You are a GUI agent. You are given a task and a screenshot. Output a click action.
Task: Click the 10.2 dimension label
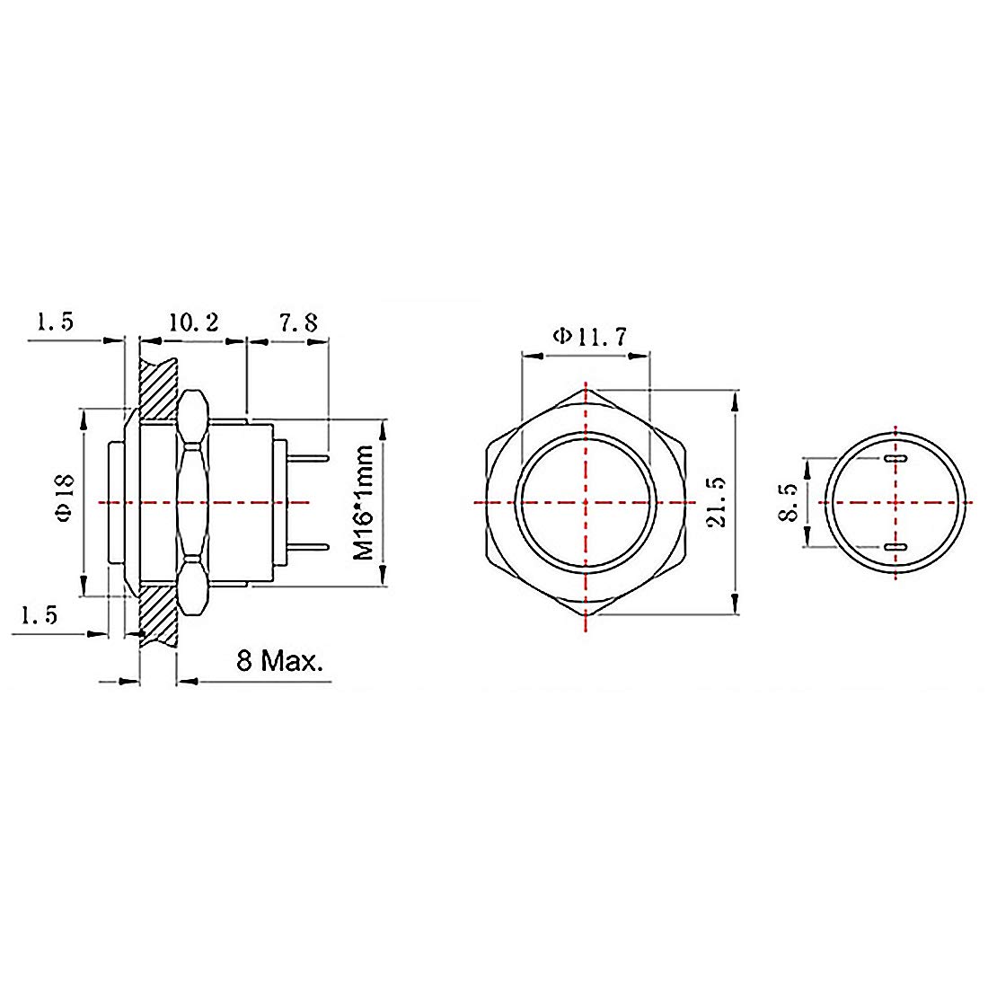(193, 322)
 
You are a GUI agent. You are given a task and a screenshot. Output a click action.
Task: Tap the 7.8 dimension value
(297, 322)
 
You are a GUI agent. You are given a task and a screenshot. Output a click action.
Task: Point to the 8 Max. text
(278, 663)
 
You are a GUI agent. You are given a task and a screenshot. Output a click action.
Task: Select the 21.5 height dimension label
(716, 502)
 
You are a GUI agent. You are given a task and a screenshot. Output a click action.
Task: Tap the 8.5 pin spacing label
(789, 502)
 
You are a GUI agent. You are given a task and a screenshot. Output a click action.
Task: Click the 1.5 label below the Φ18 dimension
(40, 615)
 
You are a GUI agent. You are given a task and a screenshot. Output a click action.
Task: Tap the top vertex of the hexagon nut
(586, 391)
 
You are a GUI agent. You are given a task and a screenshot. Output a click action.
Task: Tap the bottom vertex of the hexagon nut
(586, 615)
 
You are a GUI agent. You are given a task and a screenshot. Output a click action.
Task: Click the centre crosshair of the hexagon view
(586, 502)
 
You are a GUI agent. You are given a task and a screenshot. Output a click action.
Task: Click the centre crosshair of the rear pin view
(896, 502)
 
